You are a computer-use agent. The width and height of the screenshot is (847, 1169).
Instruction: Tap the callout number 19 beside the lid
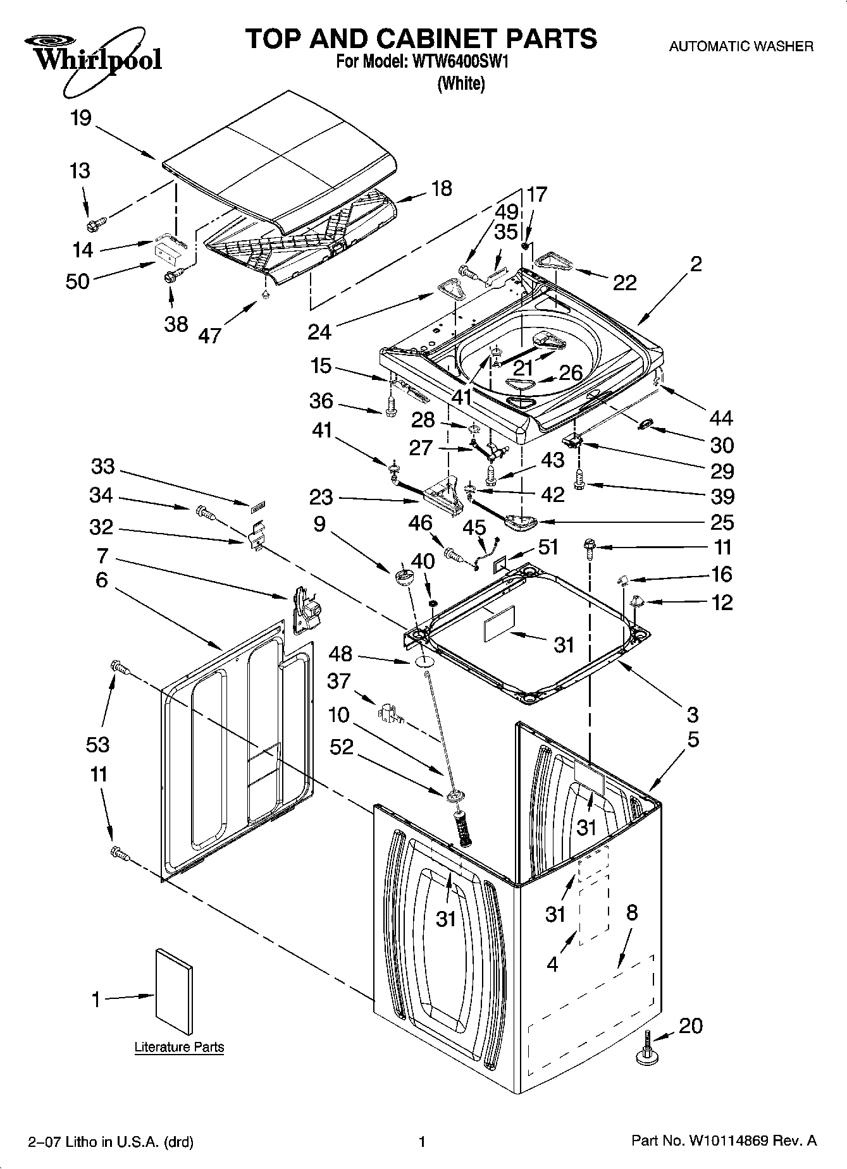[81, 118]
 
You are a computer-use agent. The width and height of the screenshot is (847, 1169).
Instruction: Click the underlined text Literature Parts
[179, 1047]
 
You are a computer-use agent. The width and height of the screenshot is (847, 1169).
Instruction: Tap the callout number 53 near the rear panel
[98, 744]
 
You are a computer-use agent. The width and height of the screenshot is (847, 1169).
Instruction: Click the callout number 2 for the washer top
[695, 264]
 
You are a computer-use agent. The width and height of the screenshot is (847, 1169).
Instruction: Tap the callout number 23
[321, 497]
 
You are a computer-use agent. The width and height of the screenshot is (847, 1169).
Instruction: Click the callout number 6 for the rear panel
[102, 580]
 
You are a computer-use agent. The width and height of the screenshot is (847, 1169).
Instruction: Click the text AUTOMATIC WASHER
[741, 46]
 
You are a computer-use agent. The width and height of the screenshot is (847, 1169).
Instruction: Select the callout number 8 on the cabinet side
[631, 912]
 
